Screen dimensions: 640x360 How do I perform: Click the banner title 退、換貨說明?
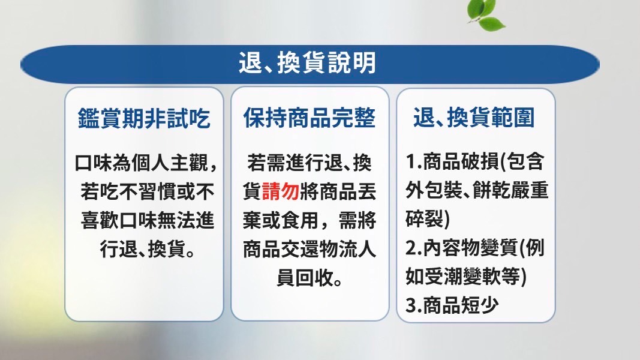[x=307, y=63]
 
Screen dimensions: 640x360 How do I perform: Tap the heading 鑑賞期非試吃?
[x=144, y=118]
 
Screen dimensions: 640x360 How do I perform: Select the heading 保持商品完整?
[x=310, y=118]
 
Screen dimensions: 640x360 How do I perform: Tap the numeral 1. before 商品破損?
[x=413, y=161]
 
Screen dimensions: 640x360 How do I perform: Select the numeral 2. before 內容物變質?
[x=413, y=248]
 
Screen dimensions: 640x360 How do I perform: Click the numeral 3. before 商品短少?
[x=413, y=305]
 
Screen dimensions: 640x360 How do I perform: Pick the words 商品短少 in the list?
[x=461, y=305]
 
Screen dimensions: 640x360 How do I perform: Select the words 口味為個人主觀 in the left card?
[x=141, y=163]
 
